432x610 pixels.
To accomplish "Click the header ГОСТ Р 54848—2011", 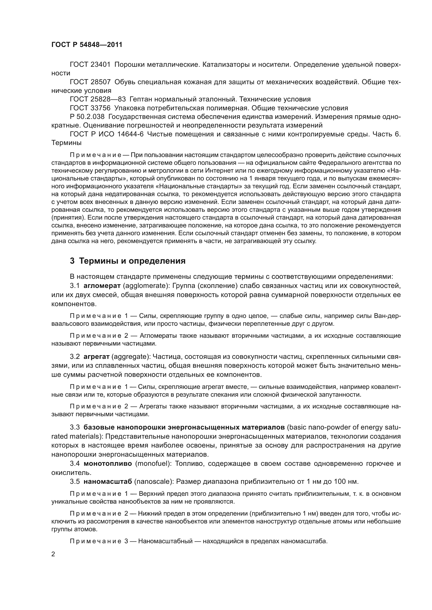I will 87,45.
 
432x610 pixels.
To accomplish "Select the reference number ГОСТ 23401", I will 90,65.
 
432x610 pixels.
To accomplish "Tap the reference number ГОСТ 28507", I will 90,82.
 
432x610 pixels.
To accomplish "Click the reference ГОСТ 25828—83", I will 98,99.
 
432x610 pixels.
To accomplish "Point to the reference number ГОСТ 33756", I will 90,108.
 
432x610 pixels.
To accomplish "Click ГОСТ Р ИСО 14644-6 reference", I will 106,134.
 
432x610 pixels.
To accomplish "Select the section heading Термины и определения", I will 132,261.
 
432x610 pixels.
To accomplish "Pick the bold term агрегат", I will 97,357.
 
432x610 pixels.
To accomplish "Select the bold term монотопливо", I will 108,464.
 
